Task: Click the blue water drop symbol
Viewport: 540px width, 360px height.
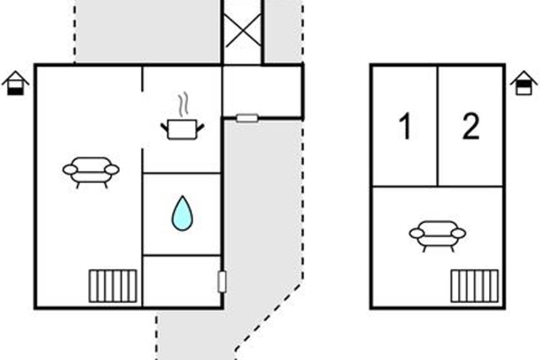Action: pos(182,213)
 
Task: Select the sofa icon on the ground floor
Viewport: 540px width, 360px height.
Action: pos(91,172)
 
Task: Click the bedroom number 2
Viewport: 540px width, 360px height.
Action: pos(471,126)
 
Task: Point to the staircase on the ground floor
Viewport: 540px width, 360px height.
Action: pos(112,286)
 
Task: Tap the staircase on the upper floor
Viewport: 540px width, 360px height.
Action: pos(474,286)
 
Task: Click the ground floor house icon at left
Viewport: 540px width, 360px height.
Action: pos(16,83)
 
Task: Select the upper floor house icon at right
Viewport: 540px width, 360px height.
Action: pos(524,83)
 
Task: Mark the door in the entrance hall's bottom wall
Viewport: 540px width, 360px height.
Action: pos(247,118)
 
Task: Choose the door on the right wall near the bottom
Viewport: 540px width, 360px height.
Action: pos(222,282)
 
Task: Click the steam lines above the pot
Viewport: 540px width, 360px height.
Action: pos(183,104)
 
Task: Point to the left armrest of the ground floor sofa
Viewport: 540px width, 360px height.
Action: pos(70,170)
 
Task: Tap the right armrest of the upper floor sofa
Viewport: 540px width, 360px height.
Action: pos(458,233)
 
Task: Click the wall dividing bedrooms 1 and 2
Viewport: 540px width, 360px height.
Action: pos(437,126)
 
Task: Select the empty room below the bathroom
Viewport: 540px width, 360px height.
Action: pos(182,281)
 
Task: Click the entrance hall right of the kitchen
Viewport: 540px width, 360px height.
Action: pos(262,91)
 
